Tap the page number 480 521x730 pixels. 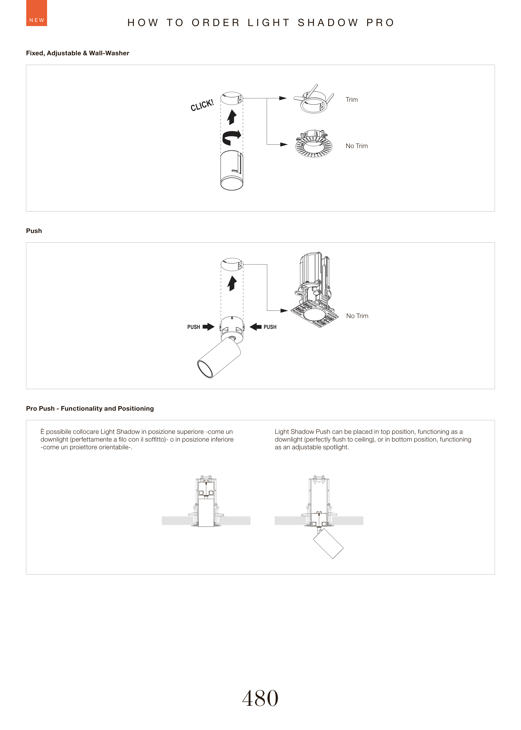[x=260, y=698]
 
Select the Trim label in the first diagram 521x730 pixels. [x=352, y=99]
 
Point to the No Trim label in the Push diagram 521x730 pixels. [x=357, y=316]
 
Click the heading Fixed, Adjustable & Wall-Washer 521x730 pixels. [x=78, y=53]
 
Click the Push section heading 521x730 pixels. [x=34, y=231]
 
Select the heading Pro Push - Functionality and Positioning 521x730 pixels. [x=90, y=408]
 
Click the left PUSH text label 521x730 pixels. [x=193, y=327]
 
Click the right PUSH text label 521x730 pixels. [x=270, y=327]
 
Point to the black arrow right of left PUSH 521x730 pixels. [x=209, y=327]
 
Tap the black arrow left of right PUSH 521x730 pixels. [x=256, y=327]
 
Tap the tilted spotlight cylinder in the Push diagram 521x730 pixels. [x=219, y=358]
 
